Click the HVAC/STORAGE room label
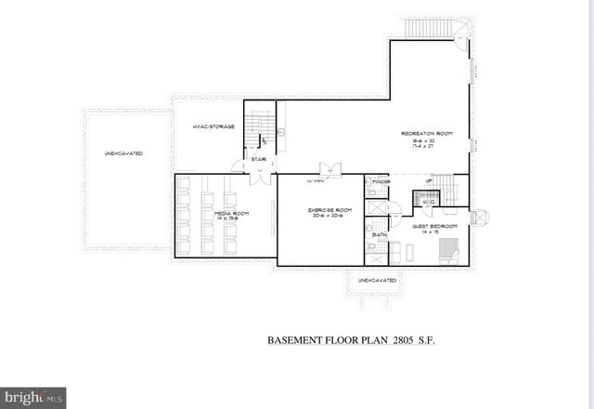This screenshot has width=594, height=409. [x=213, y=126]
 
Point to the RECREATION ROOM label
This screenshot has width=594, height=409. [x=426, y=134]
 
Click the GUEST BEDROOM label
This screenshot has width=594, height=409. [x=435, y=226]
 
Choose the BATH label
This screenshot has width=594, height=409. [x=380, y=235]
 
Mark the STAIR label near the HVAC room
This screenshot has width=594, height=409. [x=259, y=159]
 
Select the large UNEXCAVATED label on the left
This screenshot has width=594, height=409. [x=123, y=152]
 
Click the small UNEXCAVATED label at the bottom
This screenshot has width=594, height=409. [x=378, y=280]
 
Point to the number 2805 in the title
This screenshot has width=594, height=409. [x=400, y=341]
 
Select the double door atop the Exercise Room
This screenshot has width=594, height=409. [x=329, y=171]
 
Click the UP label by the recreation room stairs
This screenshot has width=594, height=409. [x=428, y=180]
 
